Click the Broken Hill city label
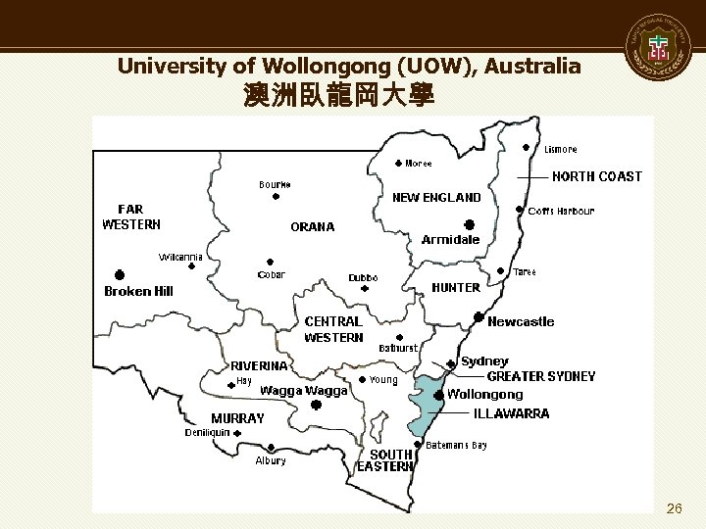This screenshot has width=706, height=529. point(138,291)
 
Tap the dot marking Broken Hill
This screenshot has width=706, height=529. point(120,274)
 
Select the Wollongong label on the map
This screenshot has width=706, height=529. point(485,394)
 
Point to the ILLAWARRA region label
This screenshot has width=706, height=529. point(511,413)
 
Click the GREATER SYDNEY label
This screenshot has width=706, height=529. point(541,376)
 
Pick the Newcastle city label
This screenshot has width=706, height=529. point(521,321)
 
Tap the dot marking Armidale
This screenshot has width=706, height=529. point(471,224)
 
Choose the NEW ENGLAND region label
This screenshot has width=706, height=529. point(436,198)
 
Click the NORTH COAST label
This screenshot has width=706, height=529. point(597,176)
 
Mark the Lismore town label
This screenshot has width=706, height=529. point(561,150)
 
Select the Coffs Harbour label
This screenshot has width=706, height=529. point(561,211)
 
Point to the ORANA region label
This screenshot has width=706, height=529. point(313,226)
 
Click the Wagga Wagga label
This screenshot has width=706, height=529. point(304,390)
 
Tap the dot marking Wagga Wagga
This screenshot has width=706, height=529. point(316,404)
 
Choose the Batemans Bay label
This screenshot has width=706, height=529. point(457,445)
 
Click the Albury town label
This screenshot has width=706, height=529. point(271,460)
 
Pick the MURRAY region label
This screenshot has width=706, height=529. point(238,417)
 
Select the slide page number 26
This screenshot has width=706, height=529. point(674,508)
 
